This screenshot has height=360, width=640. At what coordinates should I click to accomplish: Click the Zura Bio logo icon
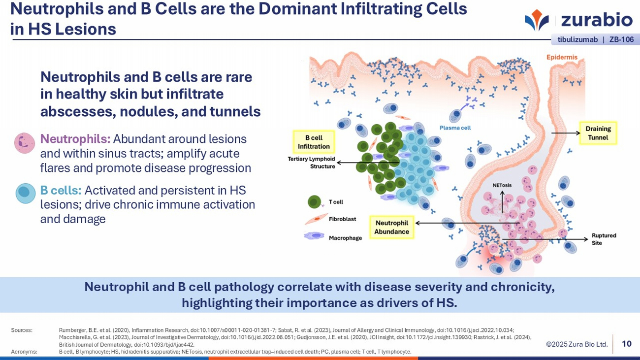537,20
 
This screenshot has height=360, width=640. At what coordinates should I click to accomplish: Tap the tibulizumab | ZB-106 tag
595,39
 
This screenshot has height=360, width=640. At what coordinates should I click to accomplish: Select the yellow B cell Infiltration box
314,142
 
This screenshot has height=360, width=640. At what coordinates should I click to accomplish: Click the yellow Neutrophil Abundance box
391,227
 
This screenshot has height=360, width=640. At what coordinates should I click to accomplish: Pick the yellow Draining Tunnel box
598,133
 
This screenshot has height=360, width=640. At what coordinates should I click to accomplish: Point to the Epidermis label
562,57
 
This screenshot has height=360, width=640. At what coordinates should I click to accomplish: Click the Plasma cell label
455,128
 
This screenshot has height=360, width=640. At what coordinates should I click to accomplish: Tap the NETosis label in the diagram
502,185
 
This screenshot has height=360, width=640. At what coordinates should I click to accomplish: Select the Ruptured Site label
604,239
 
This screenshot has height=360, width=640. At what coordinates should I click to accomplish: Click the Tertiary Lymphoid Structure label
311,163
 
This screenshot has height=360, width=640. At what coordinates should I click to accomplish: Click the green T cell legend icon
314,202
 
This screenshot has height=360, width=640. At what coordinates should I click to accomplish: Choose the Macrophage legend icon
314,236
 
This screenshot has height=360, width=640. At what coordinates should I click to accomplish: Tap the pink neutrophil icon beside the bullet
25,143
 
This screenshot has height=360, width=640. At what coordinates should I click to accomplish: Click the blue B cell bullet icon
26,193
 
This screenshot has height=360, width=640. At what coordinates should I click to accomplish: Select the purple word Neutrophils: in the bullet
75,139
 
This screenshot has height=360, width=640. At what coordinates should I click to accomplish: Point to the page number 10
626,344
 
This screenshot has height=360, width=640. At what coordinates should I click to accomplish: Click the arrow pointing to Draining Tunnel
566,133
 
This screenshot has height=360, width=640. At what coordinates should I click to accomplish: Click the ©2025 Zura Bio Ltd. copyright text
576,344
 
